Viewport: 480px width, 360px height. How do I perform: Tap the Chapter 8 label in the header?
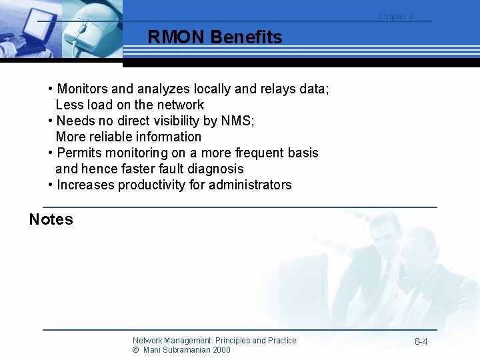pos(395,17)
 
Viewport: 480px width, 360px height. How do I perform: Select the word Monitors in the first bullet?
pos(85,89)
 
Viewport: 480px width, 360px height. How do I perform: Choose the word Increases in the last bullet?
pos(85,185)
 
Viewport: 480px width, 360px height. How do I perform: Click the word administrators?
pos(250,185)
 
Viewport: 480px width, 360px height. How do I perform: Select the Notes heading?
pos(51,219)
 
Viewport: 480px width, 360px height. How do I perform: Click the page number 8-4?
pos(421,342)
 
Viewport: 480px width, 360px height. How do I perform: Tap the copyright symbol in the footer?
pos(135,350)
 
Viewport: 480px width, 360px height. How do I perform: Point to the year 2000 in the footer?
pos(221,350)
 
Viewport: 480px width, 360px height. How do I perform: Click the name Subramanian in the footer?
pos(187,350)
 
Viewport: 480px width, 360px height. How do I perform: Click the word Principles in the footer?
pos(235,341)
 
